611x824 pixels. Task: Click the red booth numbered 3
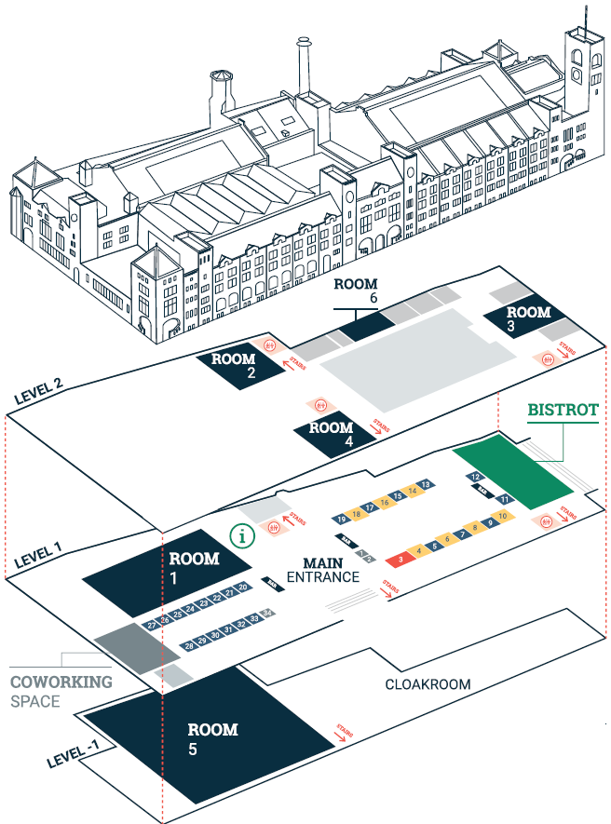point(400,559)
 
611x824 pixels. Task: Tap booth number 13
point(425,485)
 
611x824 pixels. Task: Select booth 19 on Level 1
point(343,518)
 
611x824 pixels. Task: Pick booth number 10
point(502,516)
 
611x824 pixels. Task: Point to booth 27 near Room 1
point(151,625)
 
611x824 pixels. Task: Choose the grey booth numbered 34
point(267,613)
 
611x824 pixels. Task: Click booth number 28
point(188,645)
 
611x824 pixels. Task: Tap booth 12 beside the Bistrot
point(475,477)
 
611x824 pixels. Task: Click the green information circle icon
point(242,535)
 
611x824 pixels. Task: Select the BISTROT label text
point(563,410)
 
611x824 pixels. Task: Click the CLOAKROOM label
point(428,684)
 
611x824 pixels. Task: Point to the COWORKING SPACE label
point(61,690)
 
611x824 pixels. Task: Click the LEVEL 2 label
point(38,390)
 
